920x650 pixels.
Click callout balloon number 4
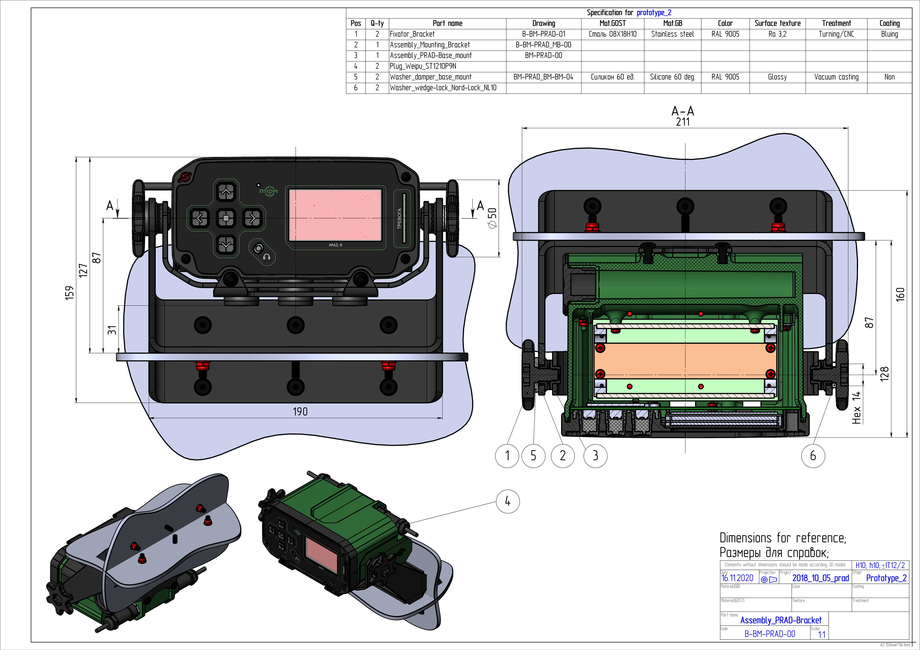click(x=508, y=501)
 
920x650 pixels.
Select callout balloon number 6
click(x=813, y=455)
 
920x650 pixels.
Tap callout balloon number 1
click(x=507, y=455)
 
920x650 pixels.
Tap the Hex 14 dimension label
click(x=856, y=408)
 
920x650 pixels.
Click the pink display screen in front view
click(x=335, y=215)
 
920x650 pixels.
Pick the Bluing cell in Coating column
click(x=889, y=34)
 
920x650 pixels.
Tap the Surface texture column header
click(x=777, y=23)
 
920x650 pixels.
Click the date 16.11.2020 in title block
click(x=737, y=578)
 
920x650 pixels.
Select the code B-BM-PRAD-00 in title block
click(x=770, y=634)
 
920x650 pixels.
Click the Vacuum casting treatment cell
click(x=836, y=77)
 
